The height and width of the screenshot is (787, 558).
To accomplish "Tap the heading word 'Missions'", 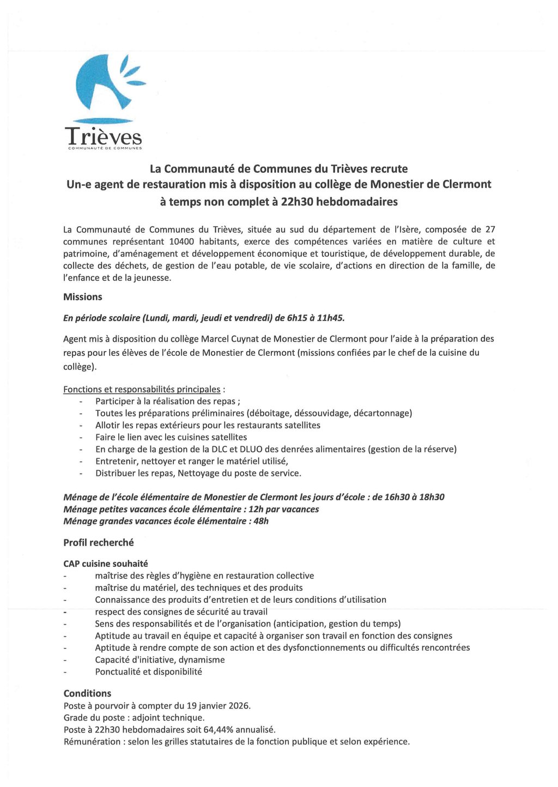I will click(83, 297).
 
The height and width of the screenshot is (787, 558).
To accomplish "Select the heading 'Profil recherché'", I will click(99, 543).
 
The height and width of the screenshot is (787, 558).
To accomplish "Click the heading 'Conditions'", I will click(87, 693).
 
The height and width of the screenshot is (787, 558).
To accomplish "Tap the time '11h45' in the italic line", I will click(328, 318).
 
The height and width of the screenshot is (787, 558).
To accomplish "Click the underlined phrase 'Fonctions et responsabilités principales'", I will click(142, 389).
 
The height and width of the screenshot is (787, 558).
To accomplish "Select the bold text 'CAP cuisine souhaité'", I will click(106, 564).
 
